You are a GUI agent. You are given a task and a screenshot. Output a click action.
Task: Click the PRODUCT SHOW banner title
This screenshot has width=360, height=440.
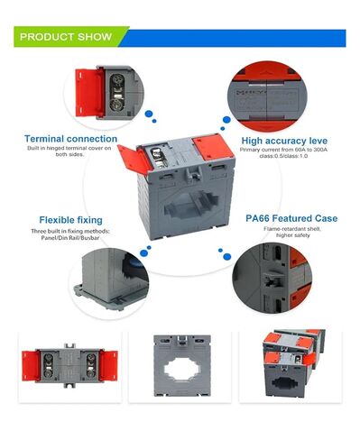(x=66, y=38)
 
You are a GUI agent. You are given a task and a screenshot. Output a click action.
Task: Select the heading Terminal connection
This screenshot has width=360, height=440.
(x=70, y=139)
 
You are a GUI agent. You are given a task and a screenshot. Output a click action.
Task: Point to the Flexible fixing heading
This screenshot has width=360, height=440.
(x=70, y=219)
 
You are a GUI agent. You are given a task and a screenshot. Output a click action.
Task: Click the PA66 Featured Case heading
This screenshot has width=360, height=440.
(x=291, y=218)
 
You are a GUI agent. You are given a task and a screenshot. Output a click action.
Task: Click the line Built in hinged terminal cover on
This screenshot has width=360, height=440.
(x=70, y=150)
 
